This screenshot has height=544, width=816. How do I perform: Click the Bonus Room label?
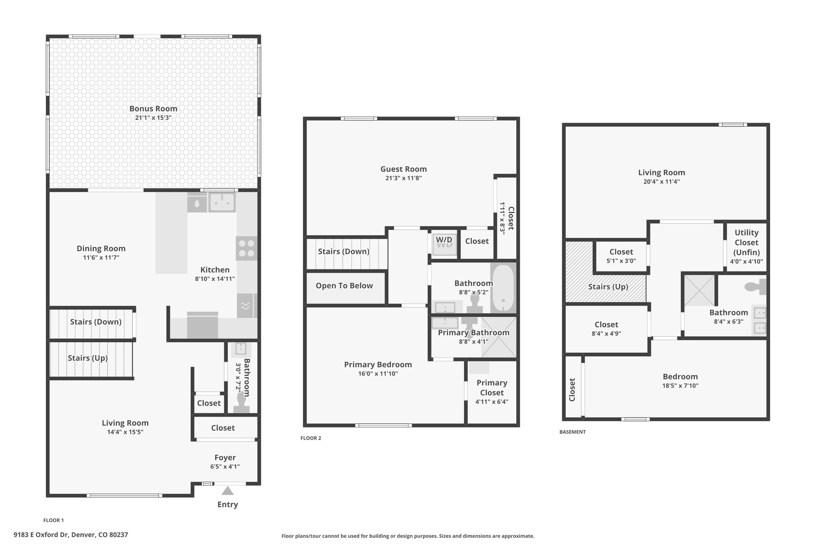(153, 108)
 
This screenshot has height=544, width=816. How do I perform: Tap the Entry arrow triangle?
(228, 491)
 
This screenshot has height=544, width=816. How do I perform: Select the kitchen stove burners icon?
(247, 248)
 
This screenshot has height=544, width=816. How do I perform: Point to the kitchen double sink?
(222, 202)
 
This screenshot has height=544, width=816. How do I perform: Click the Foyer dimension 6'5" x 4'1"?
(225, 467)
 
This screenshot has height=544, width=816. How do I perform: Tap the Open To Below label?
(344, 286)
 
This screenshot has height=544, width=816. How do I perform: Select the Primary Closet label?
(492, 387)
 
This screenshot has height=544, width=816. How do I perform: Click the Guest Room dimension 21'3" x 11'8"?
(404, 178)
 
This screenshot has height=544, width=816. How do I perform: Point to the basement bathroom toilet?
(755, 287)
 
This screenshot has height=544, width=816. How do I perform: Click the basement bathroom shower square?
(700, 290)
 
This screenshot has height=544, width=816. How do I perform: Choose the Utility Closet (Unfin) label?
(747, 242)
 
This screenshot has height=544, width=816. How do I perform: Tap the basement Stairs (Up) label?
(608, 287)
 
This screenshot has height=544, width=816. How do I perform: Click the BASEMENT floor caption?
(573, 432)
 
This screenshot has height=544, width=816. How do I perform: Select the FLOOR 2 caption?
(311, 438)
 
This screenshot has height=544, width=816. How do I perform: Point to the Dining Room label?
(101, 249)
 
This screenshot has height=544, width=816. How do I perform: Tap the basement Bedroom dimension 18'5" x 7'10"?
(681, 386)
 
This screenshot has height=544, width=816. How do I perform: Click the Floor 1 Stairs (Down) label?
(96, 322)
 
